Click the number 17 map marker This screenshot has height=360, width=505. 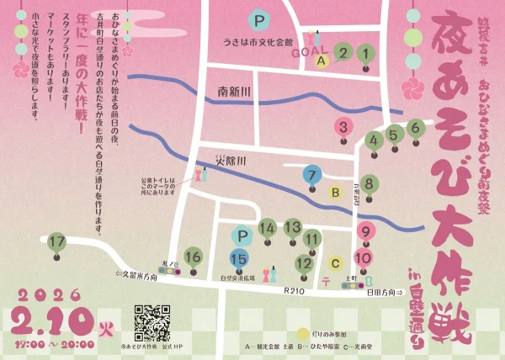(x=57, y=243)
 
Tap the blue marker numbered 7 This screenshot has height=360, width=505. (x=312, y=176)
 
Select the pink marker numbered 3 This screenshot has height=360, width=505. (x=342, y=128)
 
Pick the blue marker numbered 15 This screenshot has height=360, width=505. (x=239, y=259)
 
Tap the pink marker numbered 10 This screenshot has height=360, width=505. (x=364, y=258)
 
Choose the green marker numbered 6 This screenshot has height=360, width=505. (x=414, y=129)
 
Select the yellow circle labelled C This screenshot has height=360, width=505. (x=334, y=261)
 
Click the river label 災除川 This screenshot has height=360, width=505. (x=228, y=161)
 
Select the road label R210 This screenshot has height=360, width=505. (x=294, y=290)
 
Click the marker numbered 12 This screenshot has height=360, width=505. (x=304, y=264)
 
